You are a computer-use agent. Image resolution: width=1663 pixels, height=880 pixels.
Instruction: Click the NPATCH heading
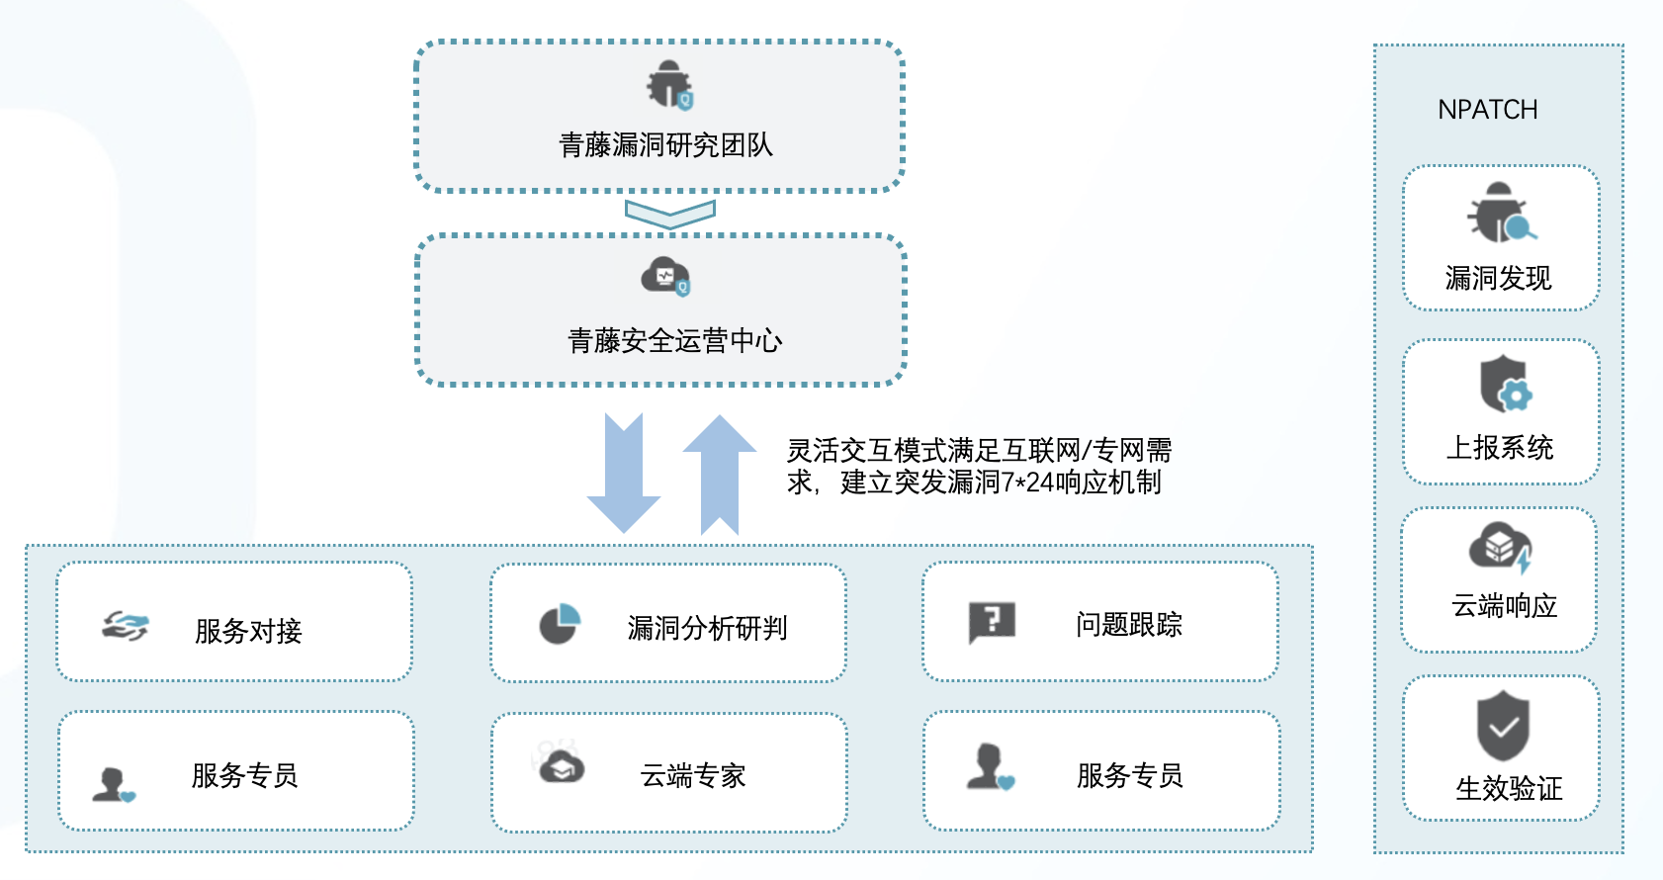(x=1487, y=110)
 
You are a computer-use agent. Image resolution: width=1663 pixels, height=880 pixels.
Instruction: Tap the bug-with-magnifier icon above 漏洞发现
(x=1501, y=213)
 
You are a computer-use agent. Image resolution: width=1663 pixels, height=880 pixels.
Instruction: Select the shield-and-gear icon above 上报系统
(x=1506, y=384)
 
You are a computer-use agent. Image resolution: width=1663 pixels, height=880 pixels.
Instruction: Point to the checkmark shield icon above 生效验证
(x=1504, y=726)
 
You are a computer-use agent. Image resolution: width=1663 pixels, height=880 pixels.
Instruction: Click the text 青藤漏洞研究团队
(x=666, y=144)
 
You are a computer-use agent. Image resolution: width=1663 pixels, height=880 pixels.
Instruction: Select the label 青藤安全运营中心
(x=675, y=341)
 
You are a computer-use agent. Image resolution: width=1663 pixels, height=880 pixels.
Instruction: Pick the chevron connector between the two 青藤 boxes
(x=669, y=214)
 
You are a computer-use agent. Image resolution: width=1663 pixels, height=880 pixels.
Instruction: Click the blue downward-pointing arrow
(x=624, y=473)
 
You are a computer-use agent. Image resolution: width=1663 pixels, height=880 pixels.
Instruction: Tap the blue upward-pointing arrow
(x=720, y=474)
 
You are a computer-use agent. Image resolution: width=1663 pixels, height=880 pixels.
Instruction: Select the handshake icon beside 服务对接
(x=126, y=626)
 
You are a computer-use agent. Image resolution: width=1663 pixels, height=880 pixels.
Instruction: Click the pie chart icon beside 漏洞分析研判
(x=560, y=624)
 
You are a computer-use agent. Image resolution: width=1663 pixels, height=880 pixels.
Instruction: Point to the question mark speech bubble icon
(x=992, y=623)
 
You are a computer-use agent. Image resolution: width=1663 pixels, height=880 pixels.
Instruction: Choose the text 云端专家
(x=693, y=775)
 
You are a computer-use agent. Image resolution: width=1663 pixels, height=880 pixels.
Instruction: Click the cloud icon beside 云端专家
(x=562, y=767)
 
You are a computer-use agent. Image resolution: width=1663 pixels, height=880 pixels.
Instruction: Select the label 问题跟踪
(x=1128, y=625)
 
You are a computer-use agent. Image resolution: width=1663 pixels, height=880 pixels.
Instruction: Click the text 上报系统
(x=1500, y=448)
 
